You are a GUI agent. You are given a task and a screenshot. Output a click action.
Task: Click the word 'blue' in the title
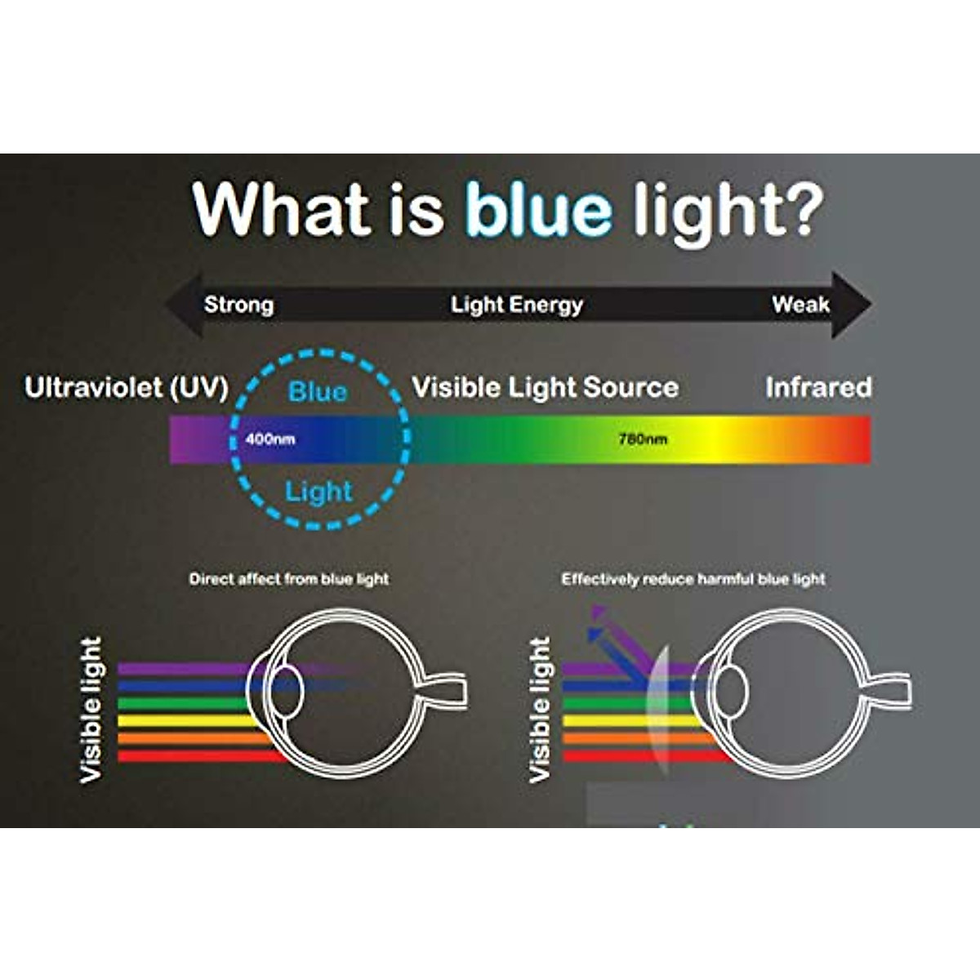[x=540, y=208]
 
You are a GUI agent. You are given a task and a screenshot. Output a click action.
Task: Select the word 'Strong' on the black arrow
[x=238, y=305]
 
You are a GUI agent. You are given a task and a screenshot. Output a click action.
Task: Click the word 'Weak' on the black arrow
[x=801, y=305]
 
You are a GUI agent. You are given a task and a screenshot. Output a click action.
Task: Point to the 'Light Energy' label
[x=517, y=305]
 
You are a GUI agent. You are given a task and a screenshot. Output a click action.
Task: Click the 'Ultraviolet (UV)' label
[x=127, y=388]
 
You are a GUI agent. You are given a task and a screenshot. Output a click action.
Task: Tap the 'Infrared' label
[x=819, y=388]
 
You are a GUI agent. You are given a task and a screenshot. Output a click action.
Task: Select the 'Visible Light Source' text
[x=546, y=388]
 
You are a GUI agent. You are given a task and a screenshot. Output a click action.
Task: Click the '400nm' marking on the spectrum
[x=270, y=439]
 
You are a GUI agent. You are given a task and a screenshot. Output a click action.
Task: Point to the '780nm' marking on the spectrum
[x=643, y=439]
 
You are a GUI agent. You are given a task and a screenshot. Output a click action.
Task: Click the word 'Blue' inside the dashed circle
[x=318, y=392]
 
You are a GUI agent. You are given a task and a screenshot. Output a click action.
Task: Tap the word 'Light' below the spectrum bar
[x=318, y=492]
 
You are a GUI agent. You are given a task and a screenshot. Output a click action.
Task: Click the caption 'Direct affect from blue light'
[x=289, y=579]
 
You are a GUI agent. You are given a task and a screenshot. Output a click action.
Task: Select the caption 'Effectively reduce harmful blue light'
[x=693, y=579]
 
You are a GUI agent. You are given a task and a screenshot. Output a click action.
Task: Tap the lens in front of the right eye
[x=660, y=704]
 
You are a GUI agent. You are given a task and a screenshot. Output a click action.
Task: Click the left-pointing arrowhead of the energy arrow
[x=184, y=305]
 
